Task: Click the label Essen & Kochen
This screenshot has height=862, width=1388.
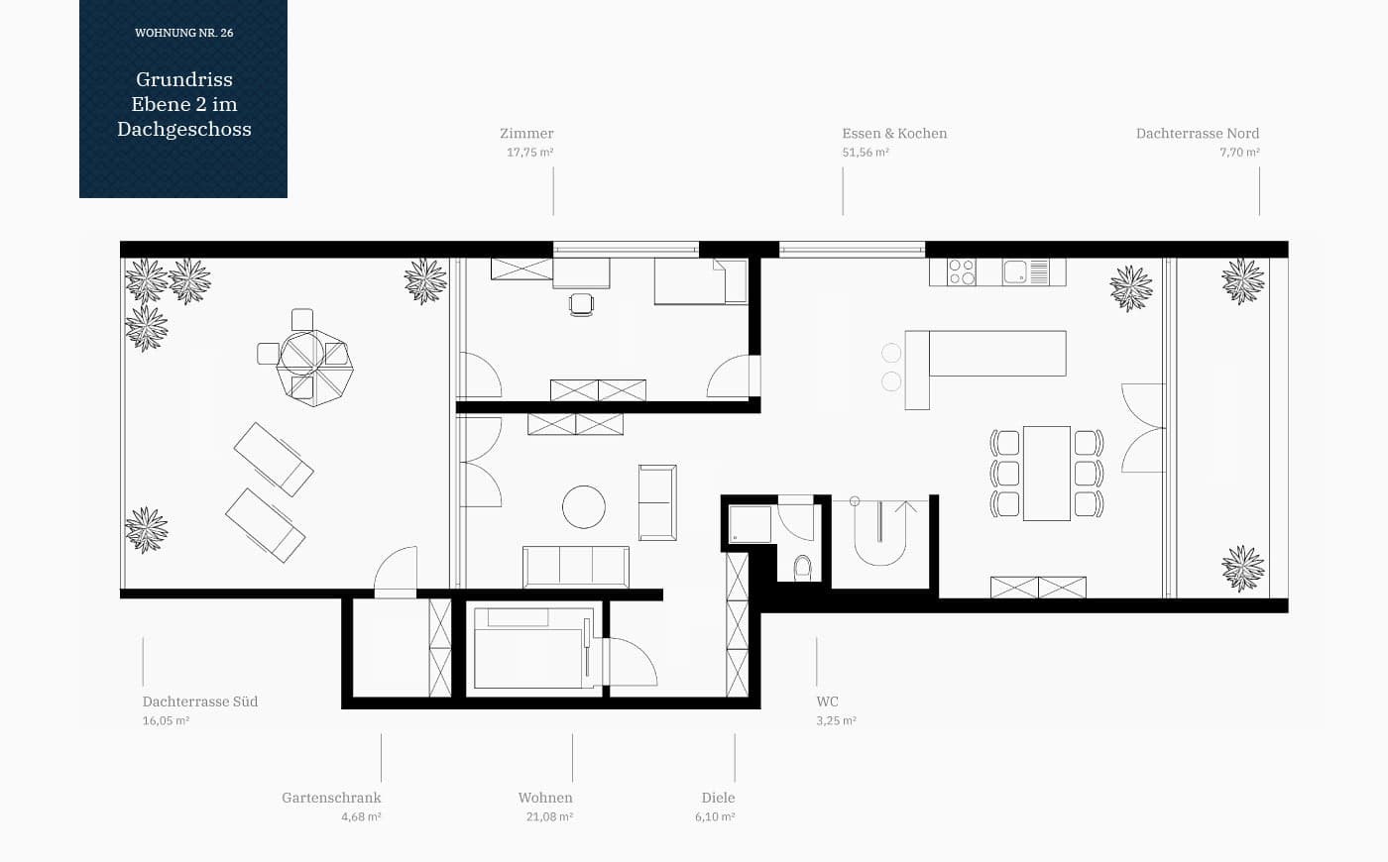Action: (x=894, y=133)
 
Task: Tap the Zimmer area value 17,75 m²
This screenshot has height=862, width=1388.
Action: (x=529, y=153)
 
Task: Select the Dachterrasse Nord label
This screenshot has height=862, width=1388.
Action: (x=1198, y=133)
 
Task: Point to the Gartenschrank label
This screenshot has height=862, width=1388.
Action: (x=331, y=798)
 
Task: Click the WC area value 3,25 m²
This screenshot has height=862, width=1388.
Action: (x=837, y=721)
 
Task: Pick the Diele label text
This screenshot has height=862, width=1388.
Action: (x=718, y=798)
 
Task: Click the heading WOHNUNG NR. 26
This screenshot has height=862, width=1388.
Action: (x=184, y=33)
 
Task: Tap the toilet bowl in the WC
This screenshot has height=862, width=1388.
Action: (x=802, y=567)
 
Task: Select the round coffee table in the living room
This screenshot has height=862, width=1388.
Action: (x=584, y=506)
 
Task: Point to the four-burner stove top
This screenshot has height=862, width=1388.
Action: (x=962, y=271)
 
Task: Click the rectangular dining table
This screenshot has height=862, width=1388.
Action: (x=1047, y=474)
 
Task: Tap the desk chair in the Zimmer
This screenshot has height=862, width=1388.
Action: (x=581, y=305)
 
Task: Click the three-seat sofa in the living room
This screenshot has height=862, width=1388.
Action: (x=576, y=566)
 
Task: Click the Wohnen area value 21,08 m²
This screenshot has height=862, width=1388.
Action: (x=549, y=816)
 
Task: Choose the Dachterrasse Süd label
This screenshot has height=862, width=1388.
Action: (x=200, y=701)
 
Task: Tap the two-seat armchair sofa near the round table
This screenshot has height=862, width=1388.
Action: (x=657, y=503)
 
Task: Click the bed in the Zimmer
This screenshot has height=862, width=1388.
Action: (x=701, y=281)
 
